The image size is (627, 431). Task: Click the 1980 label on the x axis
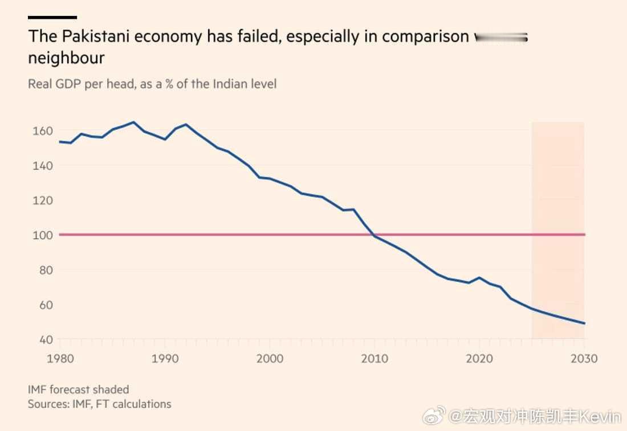(x=59, y=359)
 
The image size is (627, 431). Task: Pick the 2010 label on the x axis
(x=374, y=359)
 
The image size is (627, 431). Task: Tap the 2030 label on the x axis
(x=584, y=359)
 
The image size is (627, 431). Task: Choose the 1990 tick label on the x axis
(x=165, y=359)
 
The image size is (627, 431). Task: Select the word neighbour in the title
(x=66, y=58)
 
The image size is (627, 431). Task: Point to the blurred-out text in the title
(x=501, y=37)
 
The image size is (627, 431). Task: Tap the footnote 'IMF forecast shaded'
(x=79, y=389)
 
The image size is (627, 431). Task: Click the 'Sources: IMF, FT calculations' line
(x=99, y=404)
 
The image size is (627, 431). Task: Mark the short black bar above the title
(x=52, y=17)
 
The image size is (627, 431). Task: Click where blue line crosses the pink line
(x=373, y=235)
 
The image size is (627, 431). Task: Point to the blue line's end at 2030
(x=584, y=323)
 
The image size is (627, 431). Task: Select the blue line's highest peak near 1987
(x=133, y=122)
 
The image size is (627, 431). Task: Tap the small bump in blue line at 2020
(x=479, y=278)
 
